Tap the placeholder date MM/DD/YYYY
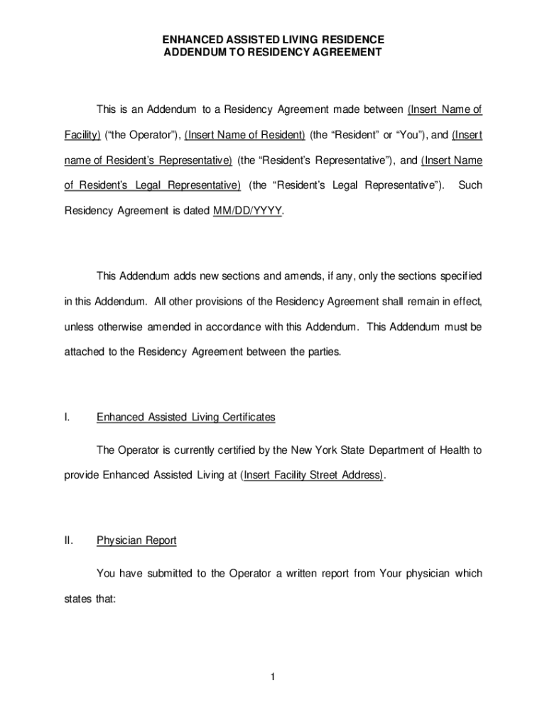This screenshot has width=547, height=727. tap(247, 211)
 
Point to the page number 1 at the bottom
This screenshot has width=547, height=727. tap(272, 677)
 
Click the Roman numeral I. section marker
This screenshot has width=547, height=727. tap(67, 417)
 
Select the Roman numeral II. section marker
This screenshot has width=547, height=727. tap(69, 540)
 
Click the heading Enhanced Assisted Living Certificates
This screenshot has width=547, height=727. tap(185, 417)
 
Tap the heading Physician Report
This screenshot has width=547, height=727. tap(136, 540)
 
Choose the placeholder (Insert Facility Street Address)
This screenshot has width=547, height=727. tap(313, 474)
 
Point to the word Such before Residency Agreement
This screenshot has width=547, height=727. tap(470, 185)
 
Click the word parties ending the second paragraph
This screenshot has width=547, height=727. tap(325, 351)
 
